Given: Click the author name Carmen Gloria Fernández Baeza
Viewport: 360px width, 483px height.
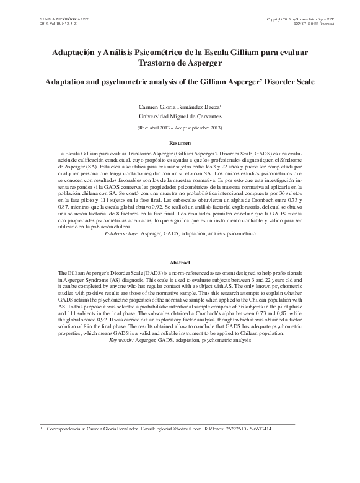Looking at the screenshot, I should click(178, 107).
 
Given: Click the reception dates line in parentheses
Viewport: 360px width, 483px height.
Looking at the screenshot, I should click(180, 128).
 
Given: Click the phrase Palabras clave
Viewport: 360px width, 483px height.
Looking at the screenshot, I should click(122, 253).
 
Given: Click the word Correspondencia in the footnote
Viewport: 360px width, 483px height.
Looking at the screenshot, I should click(66, 429).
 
